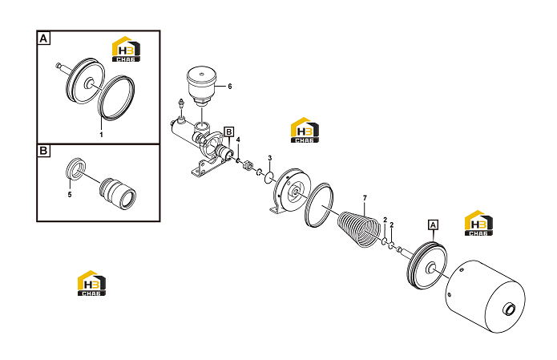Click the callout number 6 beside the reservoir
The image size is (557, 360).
tap(229, 87)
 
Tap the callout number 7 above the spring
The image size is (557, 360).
tap(365, 198)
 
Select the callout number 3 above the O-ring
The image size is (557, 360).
tap(270, 158)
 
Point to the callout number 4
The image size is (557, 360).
tap(238, 140)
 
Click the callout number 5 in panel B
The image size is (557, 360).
tap(70, 194)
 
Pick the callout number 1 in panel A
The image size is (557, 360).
tap(101, 135)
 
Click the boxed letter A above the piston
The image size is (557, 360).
tap(433, 225)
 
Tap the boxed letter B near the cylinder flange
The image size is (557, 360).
tap(229, 132)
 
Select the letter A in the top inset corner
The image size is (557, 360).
tap(43, 38)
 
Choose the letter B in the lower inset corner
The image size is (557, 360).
tap(43, 151)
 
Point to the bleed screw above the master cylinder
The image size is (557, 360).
tap(181, 107)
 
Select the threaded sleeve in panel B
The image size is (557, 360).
tap(118, 192)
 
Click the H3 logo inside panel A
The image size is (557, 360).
tap(126, 49)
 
